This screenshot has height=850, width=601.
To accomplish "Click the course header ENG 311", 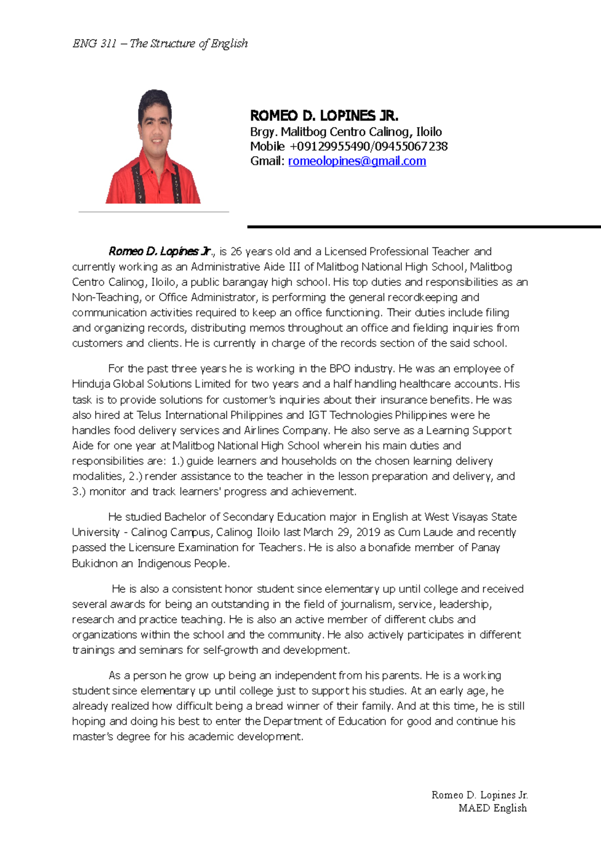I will (x=95, y=44).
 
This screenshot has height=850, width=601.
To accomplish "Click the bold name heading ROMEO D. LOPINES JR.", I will (x=324, y=116).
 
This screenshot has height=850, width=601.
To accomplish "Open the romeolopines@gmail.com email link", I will (x=357, y=161).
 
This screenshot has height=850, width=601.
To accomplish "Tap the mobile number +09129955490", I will (x=329, y=147).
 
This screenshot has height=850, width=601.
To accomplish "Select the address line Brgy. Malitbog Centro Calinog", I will (x=346, y=132).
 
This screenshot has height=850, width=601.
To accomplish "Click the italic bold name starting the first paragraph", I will (x=161, y=251).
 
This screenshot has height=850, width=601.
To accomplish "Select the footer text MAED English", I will (x=492, y=808).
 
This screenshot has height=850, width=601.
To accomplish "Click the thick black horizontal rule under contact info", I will (x=424, y=227).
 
